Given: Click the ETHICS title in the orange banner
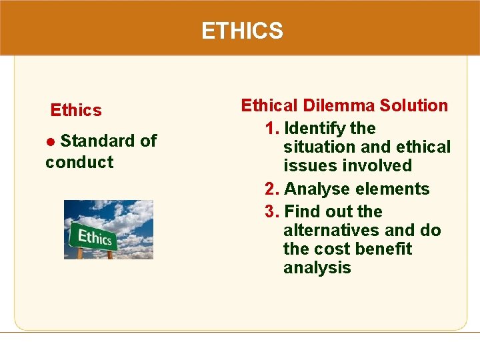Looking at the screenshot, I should (242, 31).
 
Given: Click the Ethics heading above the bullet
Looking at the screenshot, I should (76, 110).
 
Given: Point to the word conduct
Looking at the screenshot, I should (79, 162).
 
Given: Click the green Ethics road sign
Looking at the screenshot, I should (95, 237).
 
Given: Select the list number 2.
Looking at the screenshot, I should (270, 189).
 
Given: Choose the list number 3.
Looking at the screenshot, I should (270, 212).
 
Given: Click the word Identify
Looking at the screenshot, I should (313, 128).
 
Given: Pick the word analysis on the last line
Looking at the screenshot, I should (317, 268).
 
